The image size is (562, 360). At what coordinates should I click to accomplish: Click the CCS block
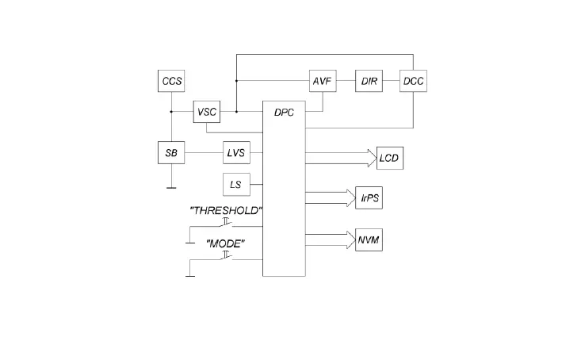pyautogui.click(x=170, y=81)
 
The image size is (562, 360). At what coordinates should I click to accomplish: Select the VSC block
pyautogui.click(x=206, y=112)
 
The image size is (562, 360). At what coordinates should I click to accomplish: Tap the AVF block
pyautogui.click(x=320, y=81)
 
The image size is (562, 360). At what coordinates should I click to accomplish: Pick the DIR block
pyautogui.click(x=369, y=81)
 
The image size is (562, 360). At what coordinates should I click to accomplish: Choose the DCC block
pyautogui.click(x=413, y=81)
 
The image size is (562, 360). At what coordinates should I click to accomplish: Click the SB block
pyautogui.click(x=170, y=152)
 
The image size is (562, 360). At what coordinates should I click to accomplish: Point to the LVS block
pyautogui.click(x=235, y=152)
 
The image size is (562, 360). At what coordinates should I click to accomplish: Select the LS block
pyautogui.click(x=235, y=185)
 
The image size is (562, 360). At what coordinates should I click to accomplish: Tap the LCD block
pyautogui.click(x=390, y=158)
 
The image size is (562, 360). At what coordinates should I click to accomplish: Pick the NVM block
pyautogui.click(x=369, y=239)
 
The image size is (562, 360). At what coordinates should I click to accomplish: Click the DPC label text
pyautogui.click(x=284, y=113)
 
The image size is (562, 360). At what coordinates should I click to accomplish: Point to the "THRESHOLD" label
pyautogui.click(x=226, y=210)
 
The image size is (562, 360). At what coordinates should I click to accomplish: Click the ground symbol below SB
pyautogui.click(x=170, y=188)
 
